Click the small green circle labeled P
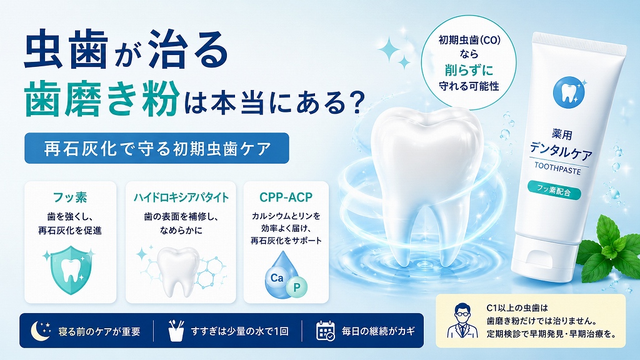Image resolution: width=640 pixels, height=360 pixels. pos(297,287)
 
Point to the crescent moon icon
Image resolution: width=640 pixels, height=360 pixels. pos(40,330)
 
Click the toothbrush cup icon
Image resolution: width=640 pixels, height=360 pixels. pos(176,330)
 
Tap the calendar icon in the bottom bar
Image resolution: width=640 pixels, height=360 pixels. pos(325,331)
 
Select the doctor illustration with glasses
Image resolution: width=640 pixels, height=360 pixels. pos(462,321)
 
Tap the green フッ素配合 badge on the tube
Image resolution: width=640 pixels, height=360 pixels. pos(554,190)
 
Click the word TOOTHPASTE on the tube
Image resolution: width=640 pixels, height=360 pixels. pos(557,168)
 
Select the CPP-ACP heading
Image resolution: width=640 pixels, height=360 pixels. pos(286,197)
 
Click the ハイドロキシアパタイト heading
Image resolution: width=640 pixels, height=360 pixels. pos(181,197)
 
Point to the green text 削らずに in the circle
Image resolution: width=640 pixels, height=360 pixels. pos(469,70)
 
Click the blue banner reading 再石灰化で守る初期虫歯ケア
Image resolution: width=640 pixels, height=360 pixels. pos(157,148)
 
